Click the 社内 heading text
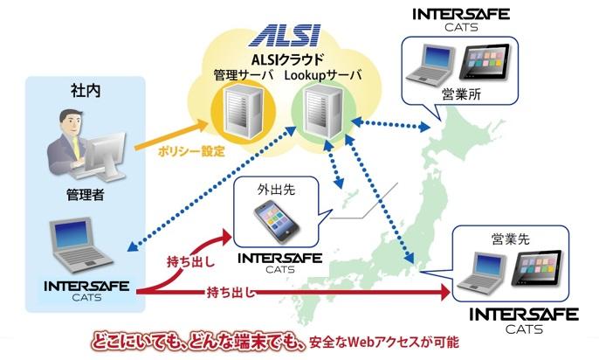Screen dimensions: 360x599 (85, 89)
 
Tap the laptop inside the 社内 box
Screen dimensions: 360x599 (81, 246)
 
